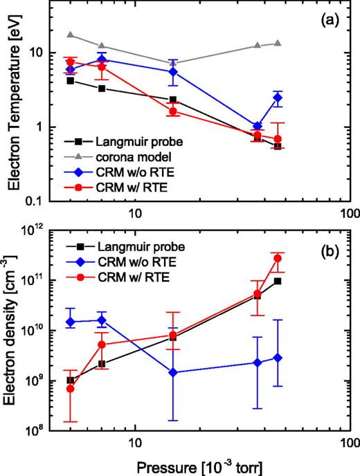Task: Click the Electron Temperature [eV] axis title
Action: pos(15,104)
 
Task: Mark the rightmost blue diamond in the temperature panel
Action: pos(278,98)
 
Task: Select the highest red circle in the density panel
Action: pos(278,258)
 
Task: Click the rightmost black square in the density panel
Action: pos(278,281)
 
